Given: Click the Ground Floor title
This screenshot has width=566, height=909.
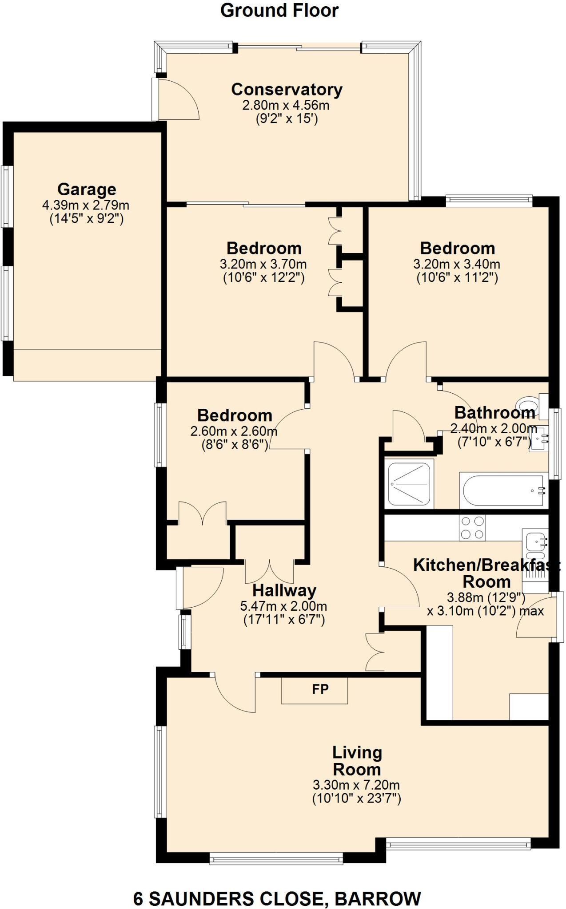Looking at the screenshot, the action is point(279,10).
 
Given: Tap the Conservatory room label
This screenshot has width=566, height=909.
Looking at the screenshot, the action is point(287,89).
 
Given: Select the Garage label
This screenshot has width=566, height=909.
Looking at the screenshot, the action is point(87,190).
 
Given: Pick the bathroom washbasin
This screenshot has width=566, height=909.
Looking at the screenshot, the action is point(539,440).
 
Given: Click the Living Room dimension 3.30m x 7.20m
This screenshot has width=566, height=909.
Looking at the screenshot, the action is point(356,785).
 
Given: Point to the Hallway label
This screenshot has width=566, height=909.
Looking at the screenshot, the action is point(284,590).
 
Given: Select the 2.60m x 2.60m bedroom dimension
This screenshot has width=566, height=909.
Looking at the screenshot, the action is point(234,431).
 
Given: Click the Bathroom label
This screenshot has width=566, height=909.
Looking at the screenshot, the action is point(494,413).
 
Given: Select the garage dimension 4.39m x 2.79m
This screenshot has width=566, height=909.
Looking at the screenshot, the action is point(86,205).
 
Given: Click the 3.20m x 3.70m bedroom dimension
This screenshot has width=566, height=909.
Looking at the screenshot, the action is point(263,264).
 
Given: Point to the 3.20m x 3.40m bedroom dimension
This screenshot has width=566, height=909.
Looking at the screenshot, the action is point(457,264).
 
